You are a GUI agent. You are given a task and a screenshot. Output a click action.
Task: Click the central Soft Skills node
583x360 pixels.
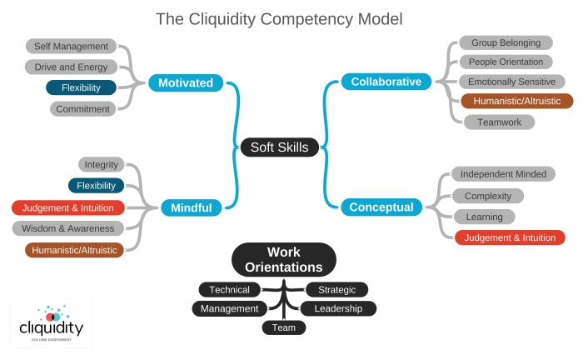[x=279, y=147]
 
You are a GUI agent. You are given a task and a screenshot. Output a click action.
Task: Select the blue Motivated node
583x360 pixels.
[x=185, y=82]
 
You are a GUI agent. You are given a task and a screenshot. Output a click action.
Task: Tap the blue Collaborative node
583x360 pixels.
[x=386, y=81]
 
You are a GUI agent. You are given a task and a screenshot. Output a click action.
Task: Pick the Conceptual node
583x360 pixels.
[x=381, y=207]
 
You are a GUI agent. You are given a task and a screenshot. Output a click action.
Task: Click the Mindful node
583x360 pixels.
[x=192, y=207]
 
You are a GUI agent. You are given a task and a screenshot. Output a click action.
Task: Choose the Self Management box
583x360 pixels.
[x=71, y=47]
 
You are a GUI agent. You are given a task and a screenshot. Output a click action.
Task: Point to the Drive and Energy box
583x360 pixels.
[x=71, y=67]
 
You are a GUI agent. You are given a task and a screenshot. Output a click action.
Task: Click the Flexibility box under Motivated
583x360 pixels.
[x=81, y=87]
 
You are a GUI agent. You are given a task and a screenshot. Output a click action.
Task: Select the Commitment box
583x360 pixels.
[x=82, y=108]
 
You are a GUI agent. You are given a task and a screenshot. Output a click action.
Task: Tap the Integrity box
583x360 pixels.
[x=102, y=164]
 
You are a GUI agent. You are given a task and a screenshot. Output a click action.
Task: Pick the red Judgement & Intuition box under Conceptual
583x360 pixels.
[x=510, y=237]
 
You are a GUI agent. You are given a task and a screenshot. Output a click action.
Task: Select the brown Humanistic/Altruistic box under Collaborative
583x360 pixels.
[x=516, y=101]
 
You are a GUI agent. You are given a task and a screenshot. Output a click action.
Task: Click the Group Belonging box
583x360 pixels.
[x=506, y=42]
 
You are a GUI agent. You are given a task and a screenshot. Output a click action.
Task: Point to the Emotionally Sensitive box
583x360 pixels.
[x=512, y=82]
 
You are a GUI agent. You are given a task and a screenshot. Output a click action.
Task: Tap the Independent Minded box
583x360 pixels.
[x=503, y=174]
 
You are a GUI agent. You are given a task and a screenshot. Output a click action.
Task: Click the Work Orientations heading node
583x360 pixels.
[x=283, y=259]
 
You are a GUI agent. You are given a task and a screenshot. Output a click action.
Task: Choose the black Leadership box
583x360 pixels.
[x=338, y=308]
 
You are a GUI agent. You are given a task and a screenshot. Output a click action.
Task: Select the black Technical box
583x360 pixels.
[x=229, y=289]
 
